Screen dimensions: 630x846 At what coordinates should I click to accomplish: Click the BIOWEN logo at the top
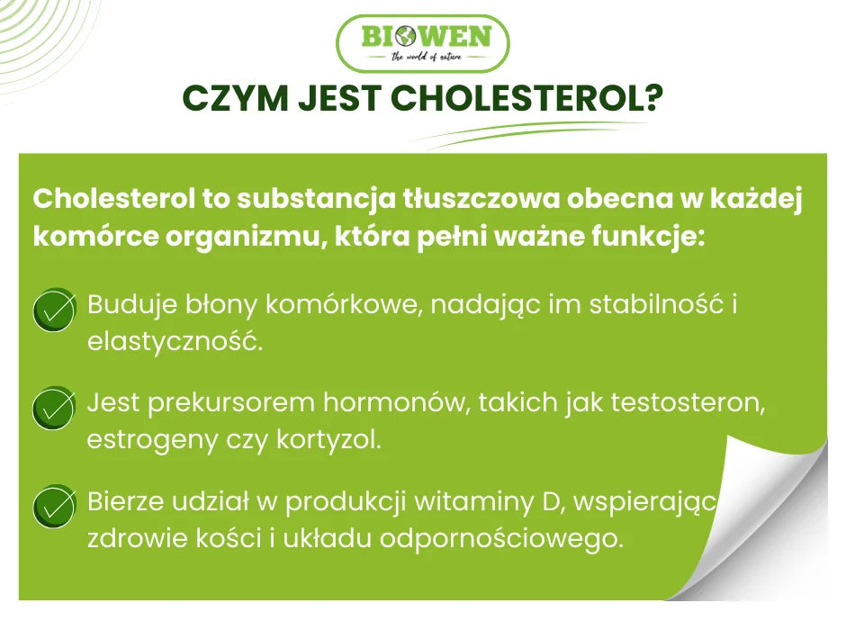point(422,43)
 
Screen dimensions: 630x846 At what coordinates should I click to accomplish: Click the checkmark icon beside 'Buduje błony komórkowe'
point(54,310)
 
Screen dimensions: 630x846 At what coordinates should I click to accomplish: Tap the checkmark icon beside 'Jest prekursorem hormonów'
point(54,409)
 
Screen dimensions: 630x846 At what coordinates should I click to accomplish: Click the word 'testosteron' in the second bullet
point(688,402)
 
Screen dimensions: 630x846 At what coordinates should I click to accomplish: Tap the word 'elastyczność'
point(175,342)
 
